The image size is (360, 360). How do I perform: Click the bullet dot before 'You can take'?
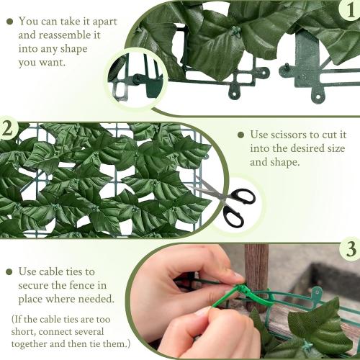(x=9, y=22)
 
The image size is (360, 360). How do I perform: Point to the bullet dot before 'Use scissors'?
(x=240, y=135)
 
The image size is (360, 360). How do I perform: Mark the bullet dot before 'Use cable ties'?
(x=9, y=272)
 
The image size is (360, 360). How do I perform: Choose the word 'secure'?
(x=37, y=286)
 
